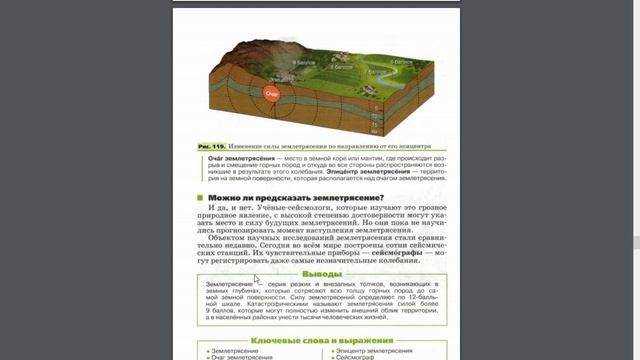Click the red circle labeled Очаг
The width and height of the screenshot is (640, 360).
click(269, 94)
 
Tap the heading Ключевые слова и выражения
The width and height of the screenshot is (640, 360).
click(321, 341)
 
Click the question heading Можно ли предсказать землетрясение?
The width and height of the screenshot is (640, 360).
click(283, 196)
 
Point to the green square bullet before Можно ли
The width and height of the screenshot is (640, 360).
click(201, 197)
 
